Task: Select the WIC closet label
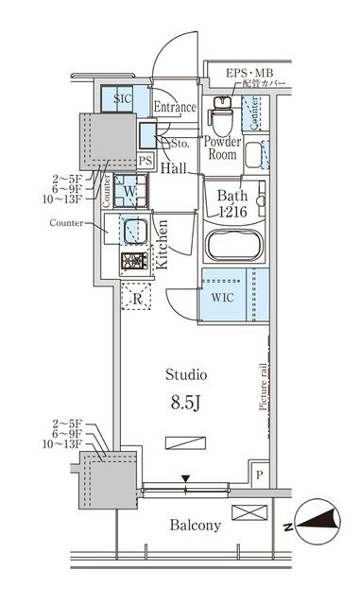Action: tap(221, 295)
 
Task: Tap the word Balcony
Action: tap(196, 526)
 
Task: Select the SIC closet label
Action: tap(123, 98)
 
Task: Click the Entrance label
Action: tap(173, 107)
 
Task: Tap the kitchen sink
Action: tap(132, 230)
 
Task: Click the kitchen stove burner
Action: tap(132, 261)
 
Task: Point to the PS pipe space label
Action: tap(145, 162)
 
